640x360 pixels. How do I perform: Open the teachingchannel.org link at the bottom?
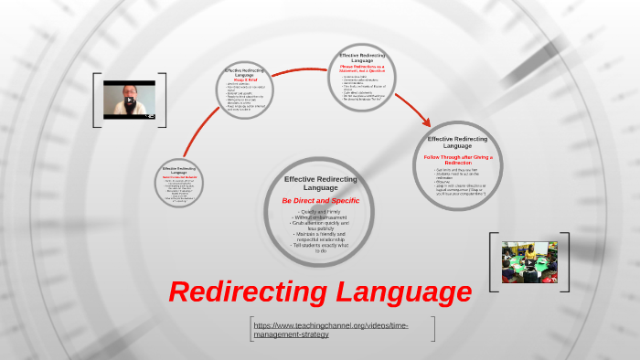[331, 329]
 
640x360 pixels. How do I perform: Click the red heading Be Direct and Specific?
[320, 200]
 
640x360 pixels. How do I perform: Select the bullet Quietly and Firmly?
[320, 212]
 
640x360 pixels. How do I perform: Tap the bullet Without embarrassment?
[320, 219]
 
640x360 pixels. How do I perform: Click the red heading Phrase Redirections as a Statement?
[365, 69]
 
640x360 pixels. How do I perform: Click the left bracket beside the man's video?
[96, 99]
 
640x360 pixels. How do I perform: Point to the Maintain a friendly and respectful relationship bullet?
[320, 237]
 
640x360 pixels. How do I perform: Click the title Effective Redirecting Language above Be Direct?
[320, 183]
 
